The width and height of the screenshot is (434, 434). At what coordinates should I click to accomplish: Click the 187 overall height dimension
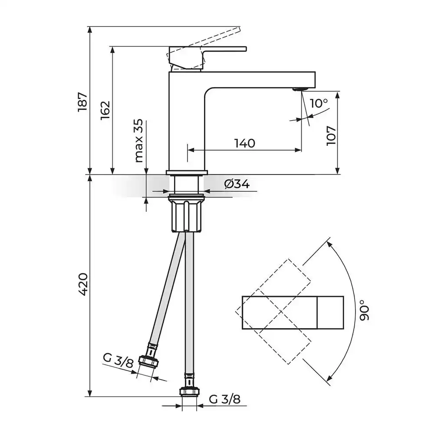coord(83,102)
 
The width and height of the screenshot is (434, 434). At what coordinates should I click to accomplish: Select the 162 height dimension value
coord(105,110)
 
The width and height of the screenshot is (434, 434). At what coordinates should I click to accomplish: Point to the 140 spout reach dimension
coord(245,143)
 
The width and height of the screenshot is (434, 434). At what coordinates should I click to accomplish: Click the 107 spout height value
coord(331,135)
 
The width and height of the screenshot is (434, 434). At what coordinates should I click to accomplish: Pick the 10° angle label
coord(319,103)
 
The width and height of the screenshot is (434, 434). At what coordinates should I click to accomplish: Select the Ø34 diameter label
coord(237,184)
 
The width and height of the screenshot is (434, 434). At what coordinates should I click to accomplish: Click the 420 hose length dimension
coord(83,284)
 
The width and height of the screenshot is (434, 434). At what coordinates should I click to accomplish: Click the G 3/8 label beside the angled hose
coord(118,361)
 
